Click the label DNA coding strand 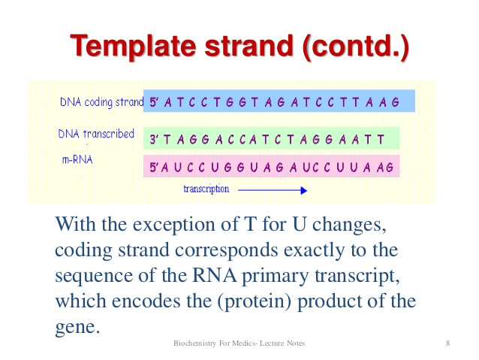[x=101, y=102]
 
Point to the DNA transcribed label [x=96, y=135]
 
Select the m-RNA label [x=78, y=160]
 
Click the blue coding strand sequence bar [x=278, y=101]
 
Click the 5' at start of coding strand [x=155, y=102]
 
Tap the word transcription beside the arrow [x=206, y=189]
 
